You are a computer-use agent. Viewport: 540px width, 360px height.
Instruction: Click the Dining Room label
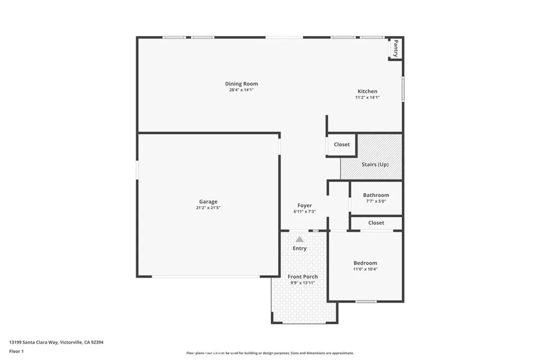pyautogui.click(x=242, y=84)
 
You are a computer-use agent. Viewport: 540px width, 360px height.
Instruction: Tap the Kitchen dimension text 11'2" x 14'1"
pyautogui.click(x=367, y=98)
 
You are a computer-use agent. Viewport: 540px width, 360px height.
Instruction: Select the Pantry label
pyautogui.click(x=396, y=48)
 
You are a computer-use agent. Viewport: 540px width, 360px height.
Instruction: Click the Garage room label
pyautogui.click(x=208, y=201)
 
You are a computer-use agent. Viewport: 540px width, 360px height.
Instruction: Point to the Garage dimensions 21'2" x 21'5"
pyautogui.click(x=208, y=208)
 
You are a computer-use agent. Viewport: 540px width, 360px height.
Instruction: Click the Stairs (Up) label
pyautogui.click(x=375, y=164)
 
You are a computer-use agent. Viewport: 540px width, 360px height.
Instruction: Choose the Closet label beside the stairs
pyautogui.click(x=342, y=144)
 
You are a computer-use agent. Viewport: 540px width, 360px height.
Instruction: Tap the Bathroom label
pyautogui.click(x=376, y=195)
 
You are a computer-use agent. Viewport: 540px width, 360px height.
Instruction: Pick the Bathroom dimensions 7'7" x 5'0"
pyautogui.click(x=376, y=201)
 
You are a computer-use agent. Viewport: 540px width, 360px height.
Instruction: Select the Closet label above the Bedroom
pyautogui.click(x=376, y=223)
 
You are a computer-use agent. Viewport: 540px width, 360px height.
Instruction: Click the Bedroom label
pyautogui.click(x=365, y=263)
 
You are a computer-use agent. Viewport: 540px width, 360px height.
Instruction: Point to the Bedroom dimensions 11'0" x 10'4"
pyautogui.click(x=365, y=269)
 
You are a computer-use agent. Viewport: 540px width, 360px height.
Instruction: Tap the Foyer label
pyautogui.click(x=304, y=206)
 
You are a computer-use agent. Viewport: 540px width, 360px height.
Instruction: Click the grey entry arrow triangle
pyautogui.click(x=300, y=239)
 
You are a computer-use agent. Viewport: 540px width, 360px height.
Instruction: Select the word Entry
pyautogui.click(x=300, y=248)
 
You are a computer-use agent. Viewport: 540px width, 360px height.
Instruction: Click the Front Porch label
pyautogui.click(x=303, y=277)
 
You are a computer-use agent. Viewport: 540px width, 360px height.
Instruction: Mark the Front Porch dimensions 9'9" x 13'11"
pyautogui.click(x=303, y=283)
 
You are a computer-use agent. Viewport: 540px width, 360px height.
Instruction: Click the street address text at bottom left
pyautogui.click(x=56, y=342)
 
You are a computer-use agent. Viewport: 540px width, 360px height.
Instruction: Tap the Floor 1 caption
pyautogui.click(x=17, y=351)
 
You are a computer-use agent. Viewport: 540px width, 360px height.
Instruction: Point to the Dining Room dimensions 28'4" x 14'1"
pyautogui.click(x=242, y=90)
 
